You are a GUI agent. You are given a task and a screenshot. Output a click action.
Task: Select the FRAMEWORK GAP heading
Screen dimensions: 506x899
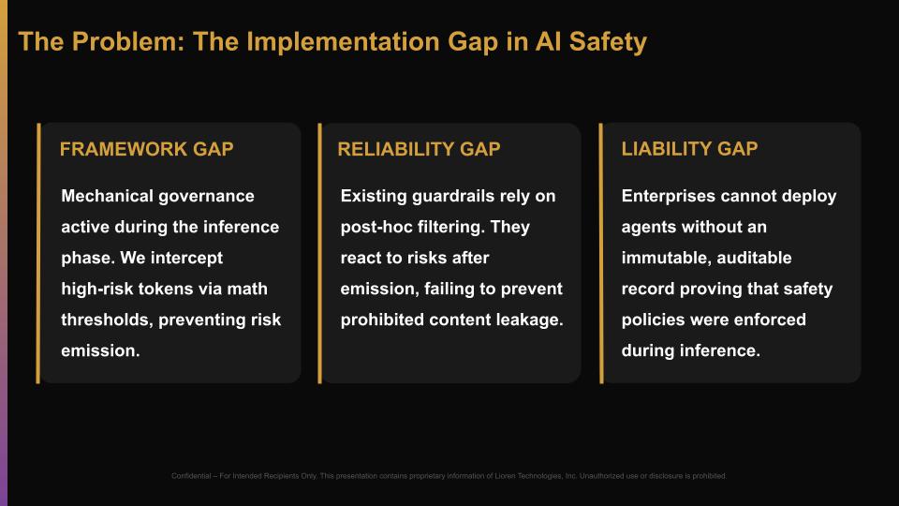tap(146, 149)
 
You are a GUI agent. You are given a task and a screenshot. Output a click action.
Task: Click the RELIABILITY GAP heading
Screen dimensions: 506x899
tap(419, 149)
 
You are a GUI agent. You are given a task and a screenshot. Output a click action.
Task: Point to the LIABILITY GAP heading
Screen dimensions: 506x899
tap(689, 149)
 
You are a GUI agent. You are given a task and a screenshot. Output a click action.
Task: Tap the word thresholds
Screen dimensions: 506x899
tap(104, 320)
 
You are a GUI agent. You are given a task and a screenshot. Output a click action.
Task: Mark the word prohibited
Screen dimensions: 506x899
tap(382, 320)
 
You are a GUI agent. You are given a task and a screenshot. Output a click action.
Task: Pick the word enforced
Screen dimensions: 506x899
tap(771, 320)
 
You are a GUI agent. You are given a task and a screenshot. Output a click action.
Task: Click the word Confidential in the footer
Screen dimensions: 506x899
tap(194, 476)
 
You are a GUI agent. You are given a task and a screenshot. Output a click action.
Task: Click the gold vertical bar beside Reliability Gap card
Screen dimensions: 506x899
tap(319, 253)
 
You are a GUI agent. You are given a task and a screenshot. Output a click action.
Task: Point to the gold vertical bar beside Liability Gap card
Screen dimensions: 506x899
tap(600, 253)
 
